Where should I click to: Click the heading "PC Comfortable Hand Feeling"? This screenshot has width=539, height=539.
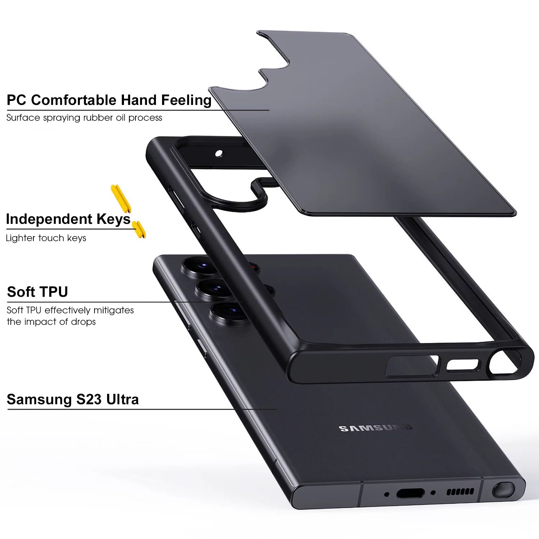(x=109, y=100)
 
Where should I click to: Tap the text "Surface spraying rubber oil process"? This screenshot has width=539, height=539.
(x=84, y=118)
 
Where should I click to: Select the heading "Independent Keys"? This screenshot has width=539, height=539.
(x=68, y=219)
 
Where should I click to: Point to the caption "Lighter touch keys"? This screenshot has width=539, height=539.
(x=46, y=238)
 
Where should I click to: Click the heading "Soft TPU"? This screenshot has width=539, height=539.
(x=37, y=292)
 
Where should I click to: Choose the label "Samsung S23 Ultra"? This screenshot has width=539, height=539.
(x=73, y=400)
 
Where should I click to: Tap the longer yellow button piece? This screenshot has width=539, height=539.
(x=121, y=199)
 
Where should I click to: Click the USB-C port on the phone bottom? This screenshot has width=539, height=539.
(x=410, y=493)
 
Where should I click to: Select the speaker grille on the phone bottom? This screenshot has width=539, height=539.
(x=460, y=491)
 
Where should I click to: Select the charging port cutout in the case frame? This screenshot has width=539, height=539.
(x=463, y=365)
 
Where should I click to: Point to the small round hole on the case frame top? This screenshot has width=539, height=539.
(x=218, y=154)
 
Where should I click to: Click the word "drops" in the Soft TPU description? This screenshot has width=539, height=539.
(x=83, y=322)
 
